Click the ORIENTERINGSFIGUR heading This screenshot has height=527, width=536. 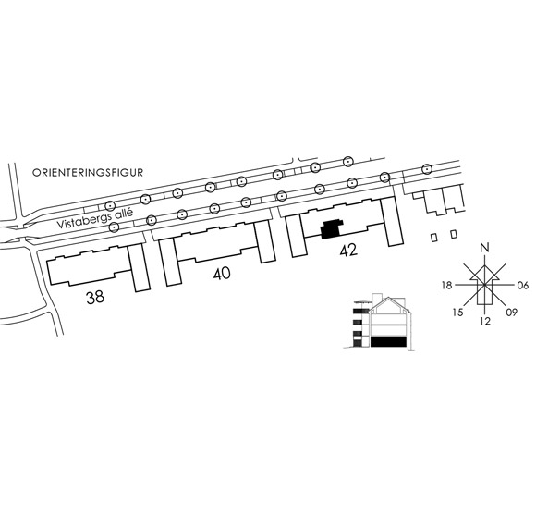88,172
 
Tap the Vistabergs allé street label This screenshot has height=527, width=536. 94,218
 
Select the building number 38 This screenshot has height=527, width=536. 95,297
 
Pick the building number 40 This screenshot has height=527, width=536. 222,274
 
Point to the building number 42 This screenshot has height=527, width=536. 348,250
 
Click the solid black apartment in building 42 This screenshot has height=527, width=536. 331,228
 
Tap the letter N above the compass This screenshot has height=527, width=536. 484,247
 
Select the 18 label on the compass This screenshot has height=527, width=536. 446,285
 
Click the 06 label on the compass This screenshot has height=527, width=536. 523,285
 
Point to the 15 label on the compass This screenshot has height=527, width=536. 457,312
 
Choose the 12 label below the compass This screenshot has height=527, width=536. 485,321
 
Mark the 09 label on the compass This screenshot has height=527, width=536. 511,312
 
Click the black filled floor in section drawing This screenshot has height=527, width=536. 389,342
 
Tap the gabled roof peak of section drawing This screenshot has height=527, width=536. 388,298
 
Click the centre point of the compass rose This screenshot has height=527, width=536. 485,285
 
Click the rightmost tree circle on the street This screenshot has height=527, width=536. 427,168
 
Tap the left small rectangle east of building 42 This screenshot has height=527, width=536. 433,238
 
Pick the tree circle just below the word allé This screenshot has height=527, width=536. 115,227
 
